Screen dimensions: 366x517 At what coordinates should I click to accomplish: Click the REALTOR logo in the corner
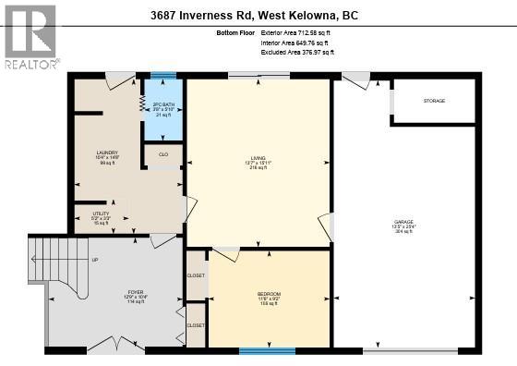[30, 36]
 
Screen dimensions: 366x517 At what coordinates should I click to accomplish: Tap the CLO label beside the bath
[163, 154]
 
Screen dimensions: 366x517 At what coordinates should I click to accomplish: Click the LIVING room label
[258, 158]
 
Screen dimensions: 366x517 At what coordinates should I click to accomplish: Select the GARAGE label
[404, 222]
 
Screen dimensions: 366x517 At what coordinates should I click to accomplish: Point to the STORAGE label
[434, 100]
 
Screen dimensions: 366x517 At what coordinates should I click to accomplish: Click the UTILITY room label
[102, 213]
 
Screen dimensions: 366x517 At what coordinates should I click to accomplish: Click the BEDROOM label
[269, 293]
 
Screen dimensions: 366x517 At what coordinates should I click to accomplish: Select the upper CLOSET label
[196, 275]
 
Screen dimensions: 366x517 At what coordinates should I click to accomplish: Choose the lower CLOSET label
[196, 325]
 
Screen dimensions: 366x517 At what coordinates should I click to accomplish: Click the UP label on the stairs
[94, 260]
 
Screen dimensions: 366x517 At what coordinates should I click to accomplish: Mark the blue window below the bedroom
[267, 350]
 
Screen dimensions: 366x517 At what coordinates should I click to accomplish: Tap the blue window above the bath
[163, 76]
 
